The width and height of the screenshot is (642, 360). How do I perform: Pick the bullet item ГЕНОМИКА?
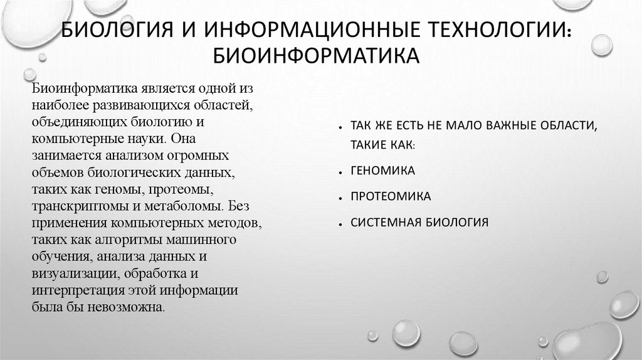382,171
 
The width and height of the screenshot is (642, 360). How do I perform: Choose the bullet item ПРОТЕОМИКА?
391,196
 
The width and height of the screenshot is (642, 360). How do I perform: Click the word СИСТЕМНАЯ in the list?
385,222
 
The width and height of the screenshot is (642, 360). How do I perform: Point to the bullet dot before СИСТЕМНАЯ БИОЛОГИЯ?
339,224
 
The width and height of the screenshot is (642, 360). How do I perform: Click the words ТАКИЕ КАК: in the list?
382,145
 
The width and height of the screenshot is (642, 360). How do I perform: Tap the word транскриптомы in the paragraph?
69,206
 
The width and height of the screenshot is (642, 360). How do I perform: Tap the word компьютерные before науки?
67,138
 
